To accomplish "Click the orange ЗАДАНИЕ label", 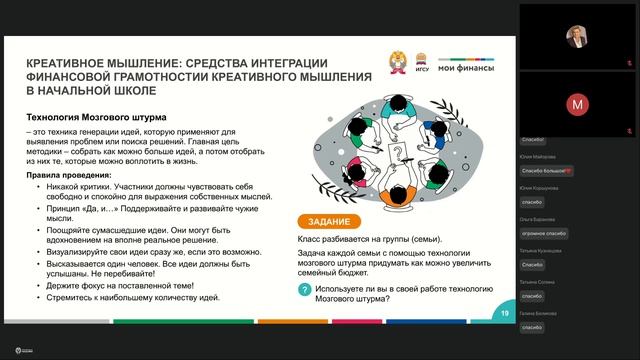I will [x=324, y=221].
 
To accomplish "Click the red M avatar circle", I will [x=577, y=103].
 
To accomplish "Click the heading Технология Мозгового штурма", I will [x=96, y=117].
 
